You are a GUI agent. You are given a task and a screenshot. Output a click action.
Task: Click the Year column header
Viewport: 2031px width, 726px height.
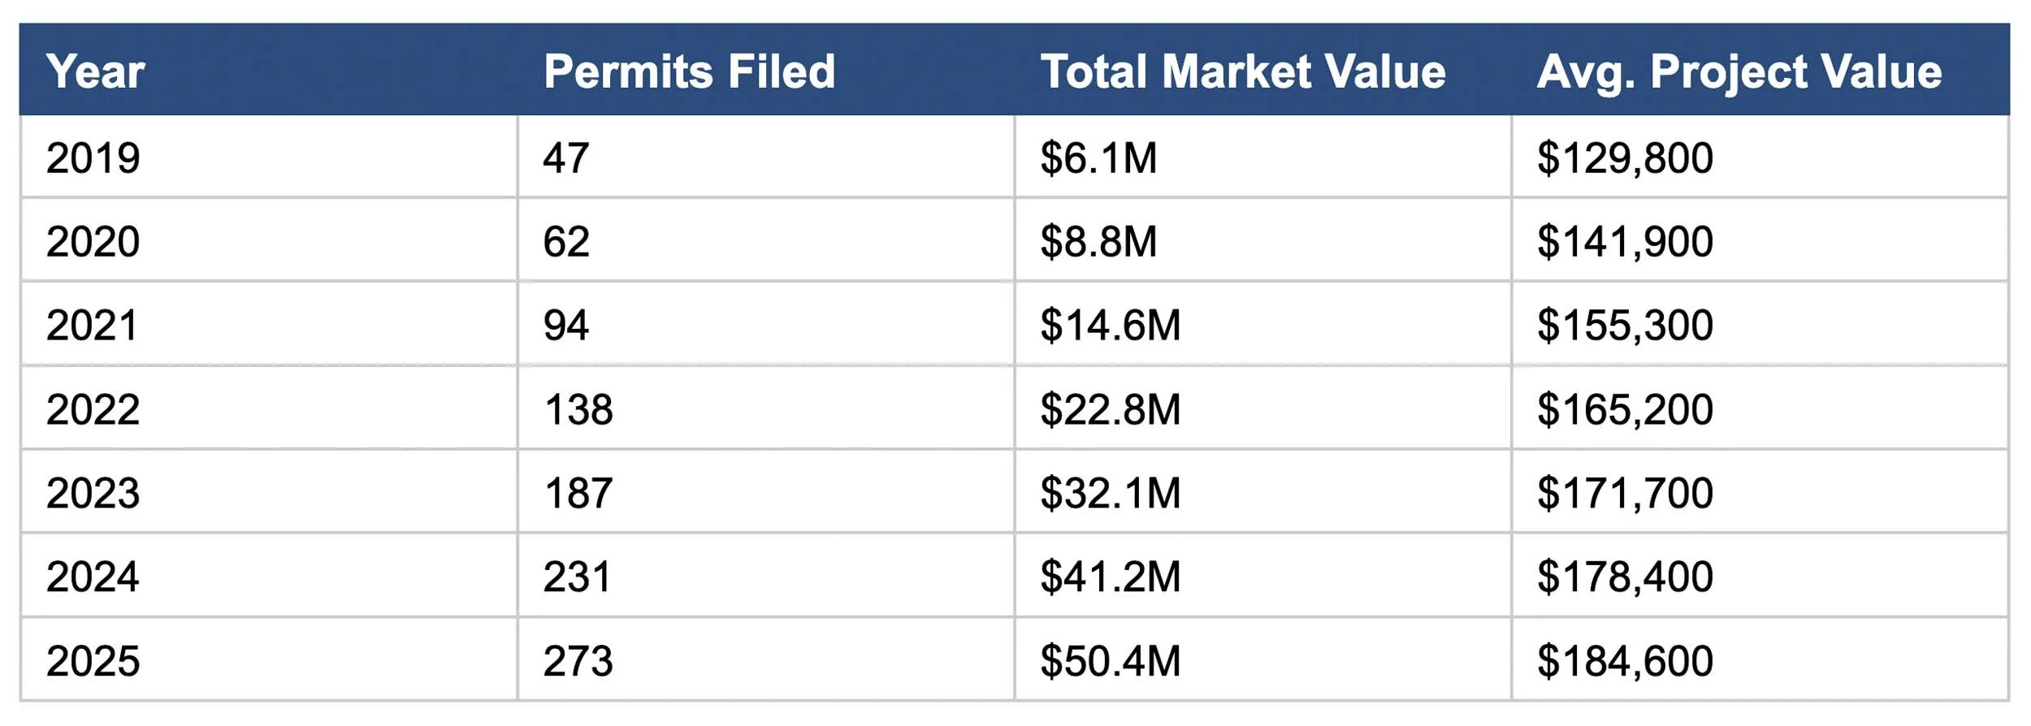point(95,71)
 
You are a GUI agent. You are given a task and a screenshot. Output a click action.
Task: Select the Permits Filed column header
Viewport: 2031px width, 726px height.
point(689,71)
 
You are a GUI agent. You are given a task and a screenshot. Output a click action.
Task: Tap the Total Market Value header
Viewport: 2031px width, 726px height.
point(1243,71)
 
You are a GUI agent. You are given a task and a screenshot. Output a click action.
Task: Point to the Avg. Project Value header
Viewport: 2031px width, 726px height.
point(1739,71)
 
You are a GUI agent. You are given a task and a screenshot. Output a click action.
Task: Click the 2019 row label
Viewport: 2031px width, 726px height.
point(93,158)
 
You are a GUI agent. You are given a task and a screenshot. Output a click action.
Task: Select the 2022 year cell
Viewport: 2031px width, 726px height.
point(93,409)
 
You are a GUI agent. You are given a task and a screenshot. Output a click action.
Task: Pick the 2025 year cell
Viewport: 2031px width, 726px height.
point(93,661)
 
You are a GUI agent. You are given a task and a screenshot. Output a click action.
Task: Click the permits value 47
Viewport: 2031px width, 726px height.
point(565,158)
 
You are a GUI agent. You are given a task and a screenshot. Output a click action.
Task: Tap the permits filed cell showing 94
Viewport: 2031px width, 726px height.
point(565,326)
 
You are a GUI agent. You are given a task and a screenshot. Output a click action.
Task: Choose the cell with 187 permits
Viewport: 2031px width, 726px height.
point(578,493)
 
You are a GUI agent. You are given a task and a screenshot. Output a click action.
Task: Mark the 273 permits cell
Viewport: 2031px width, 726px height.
point(578,661)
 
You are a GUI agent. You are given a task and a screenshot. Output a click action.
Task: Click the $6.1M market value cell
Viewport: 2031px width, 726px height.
point(1098,158)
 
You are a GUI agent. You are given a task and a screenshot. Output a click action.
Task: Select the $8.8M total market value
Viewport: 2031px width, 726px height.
point(1098,242)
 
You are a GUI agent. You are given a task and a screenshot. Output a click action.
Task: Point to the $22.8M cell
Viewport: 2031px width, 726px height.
point(1110,409)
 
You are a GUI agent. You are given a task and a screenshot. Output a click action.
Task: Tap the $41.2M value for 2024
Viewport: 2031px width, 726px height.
point(1110,577)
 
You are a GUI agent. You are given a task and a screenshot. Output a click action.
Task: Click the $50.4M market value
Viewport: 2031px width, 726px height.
point(1110,661)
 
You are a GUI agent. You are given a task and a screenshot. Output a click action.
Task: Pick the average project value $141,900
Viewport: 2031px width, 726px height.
point(1625,242)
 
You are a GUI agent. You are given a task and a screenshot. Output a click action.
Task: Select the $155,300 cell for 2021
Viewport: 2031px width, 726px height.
point(1625,326)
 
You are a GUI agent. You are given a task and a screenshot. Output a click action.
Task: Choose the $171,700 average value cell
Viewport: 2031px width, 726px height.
point(1625,493)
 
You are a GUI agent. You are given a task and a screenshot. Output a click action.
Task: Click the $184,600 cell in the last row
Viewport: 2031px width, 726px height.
point(1625,661)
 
